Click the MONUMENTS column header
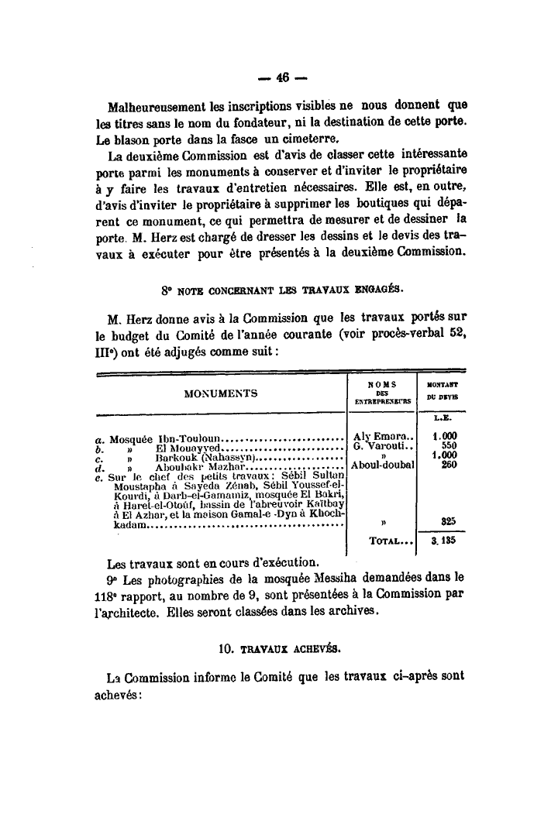(221, 393)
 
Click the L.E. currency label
(443, 420)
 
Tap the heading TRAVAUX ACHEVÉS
(285, 642)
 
